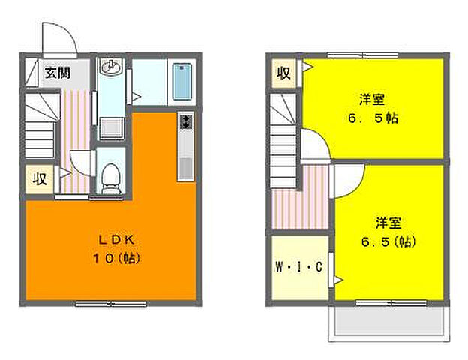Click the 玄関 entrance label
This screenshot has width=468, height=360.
57,73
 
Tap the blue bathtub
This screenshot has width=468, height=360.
182,81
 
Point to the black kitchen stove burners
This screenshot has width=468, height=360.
185,121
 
